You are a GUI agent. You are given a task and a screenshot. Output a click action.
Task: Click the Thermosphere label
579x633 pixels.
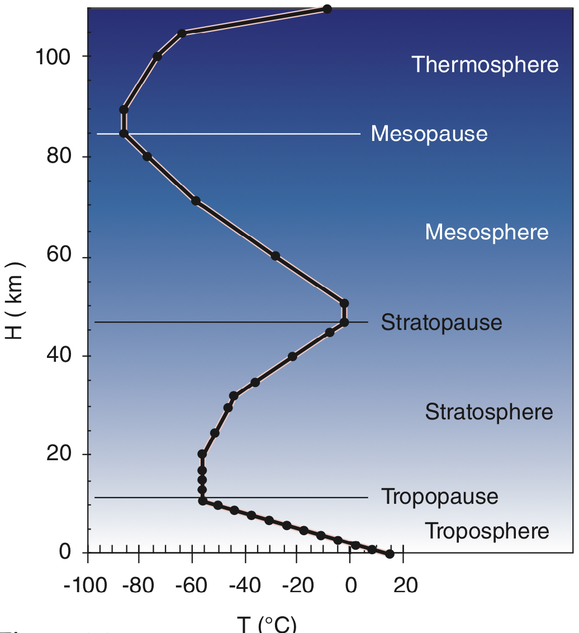(x=485, y=64)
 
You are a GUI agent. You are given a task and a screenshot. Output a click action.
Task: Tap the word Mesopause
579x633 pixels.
(x=429, y=134)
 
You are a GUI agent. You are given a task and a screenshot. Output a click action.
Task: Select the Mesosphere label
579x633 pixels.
(x=487, y=232)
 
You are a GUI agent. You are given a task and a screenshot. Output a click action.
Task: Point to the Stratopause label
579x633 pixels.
(x=442, y=323)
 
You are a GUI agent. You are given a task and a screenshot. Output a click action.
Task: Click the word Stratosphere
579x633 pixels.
(x=489, y=412)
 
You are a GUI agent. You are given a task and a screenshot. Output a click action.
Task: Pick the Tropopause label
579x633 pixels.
(x=439, y=497)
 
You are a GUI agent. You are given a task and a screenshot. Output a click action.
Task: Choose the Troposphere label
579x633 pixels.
(x=487, y=531)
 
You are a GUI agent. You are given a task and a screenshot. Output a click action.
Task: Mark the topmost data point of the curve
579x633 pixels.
(x=327, y=9)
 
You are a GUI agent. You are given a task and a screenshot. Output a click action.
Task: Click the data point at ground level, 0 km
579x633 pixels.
(x=390, y=554)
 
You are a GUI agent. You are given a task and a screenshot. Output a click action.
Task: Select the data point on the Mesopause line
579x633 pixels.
(x=124, y=134)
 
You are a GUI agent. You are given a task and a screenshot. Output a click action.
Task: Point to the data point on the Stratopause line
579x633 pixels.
(x=344, y=322)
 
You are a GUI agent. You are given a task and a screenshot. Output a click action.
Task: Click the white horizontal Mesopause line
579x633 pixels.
(x=251, y=134)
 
